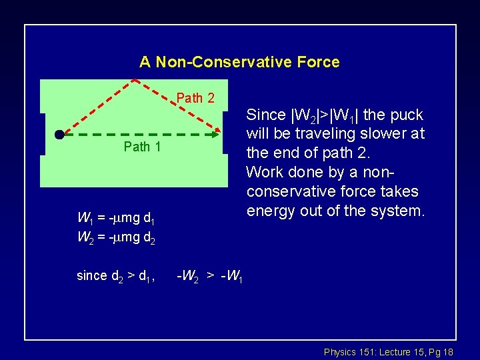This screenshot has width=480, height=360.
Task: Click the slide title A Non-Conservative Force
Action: coord(239,62)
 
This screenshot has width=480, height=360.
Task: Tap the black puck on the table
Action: coord(59,135)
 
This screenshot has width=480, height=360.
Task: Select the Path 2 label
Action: coord(195,98)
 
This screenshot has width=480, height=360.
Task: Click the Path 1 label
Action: coord(142,147)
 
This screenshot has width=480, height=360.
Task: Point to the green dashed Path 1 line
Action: coord(133,135)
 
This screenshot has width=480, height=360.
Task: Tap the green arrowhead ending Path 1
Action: coord(215,135)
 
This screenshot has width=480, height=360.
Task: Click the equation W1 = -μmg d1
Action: coord(117,217)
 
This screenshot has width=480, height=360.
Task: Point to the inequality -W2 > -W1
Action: coord(209,275)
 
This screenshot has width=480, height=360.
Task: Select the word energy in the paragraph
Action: coord(267,211)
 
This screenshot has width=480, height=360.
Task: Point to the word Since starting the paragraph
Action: coord(265,115)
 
